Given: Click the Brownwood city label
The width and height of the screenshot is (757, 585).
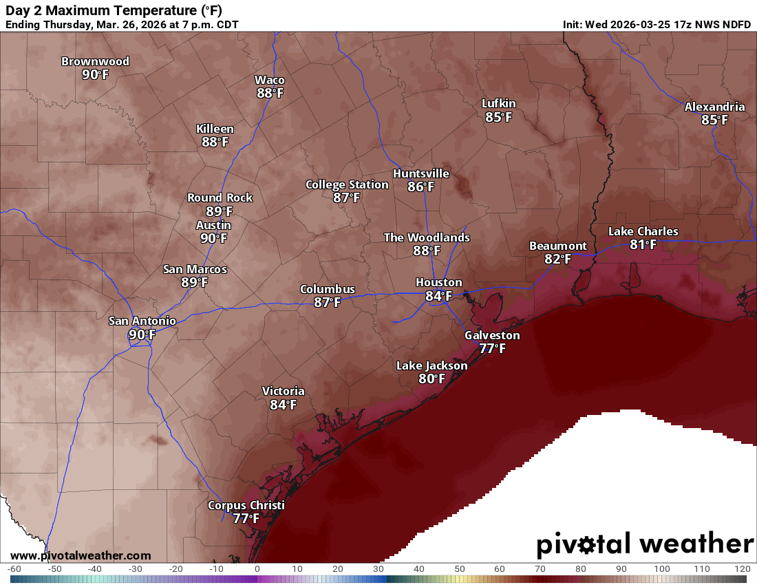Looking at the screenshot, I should point(95,61).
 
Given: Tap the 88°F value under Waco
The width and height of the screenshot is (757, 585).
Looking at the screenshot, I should point(270,93).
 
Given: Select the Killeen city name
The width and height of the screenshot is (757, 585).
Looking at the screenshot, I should point(215,129).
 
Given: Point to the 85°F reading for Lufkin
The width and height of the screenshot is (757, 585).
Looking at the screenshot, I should point(498,117).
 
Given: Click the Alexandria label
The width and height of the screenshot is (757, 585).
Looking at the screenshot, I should point(714,107).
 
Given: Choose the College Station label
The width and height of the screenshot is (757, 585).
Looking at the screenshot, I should point(347,184).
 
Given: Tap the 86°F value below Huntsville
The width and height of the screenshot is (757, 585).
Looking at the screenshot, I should point(420,187).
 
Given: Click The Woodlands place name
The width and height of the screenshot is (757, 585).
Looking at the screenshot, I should point(427,237).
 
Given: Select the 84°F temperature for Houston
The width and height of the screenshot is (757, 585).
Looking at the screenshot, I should point(438,296).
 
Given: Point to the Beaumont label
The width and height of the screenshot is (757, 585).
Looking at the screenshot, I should point(557,246).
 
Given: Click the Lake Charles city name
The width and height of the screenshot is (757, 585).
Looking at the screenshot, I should point(643,231).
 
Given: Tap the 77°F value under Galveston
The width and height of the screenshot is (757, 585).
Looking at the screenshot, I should point(492,348).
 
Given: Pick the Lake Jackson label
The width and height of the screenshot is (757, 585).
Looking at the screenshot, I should point(431,365).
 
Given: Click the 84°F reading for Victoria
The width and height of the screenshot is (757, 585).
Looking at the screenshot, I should point(283,405).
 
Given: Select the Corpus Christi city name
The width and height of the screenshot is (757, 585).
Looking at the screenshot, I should point(246,505).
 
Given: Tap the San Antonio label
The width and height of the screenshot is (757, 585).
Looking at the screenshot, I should point(142,321).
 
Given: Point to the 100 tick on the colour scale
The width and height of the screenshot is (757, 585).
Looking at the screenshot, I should point(662,569).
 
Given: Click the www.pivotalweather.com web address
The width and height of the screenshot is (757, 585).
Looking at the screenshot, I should point(81,555).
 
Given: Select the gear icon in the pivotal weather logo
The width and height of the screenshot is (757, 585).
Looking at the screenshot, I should point(586,545).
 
